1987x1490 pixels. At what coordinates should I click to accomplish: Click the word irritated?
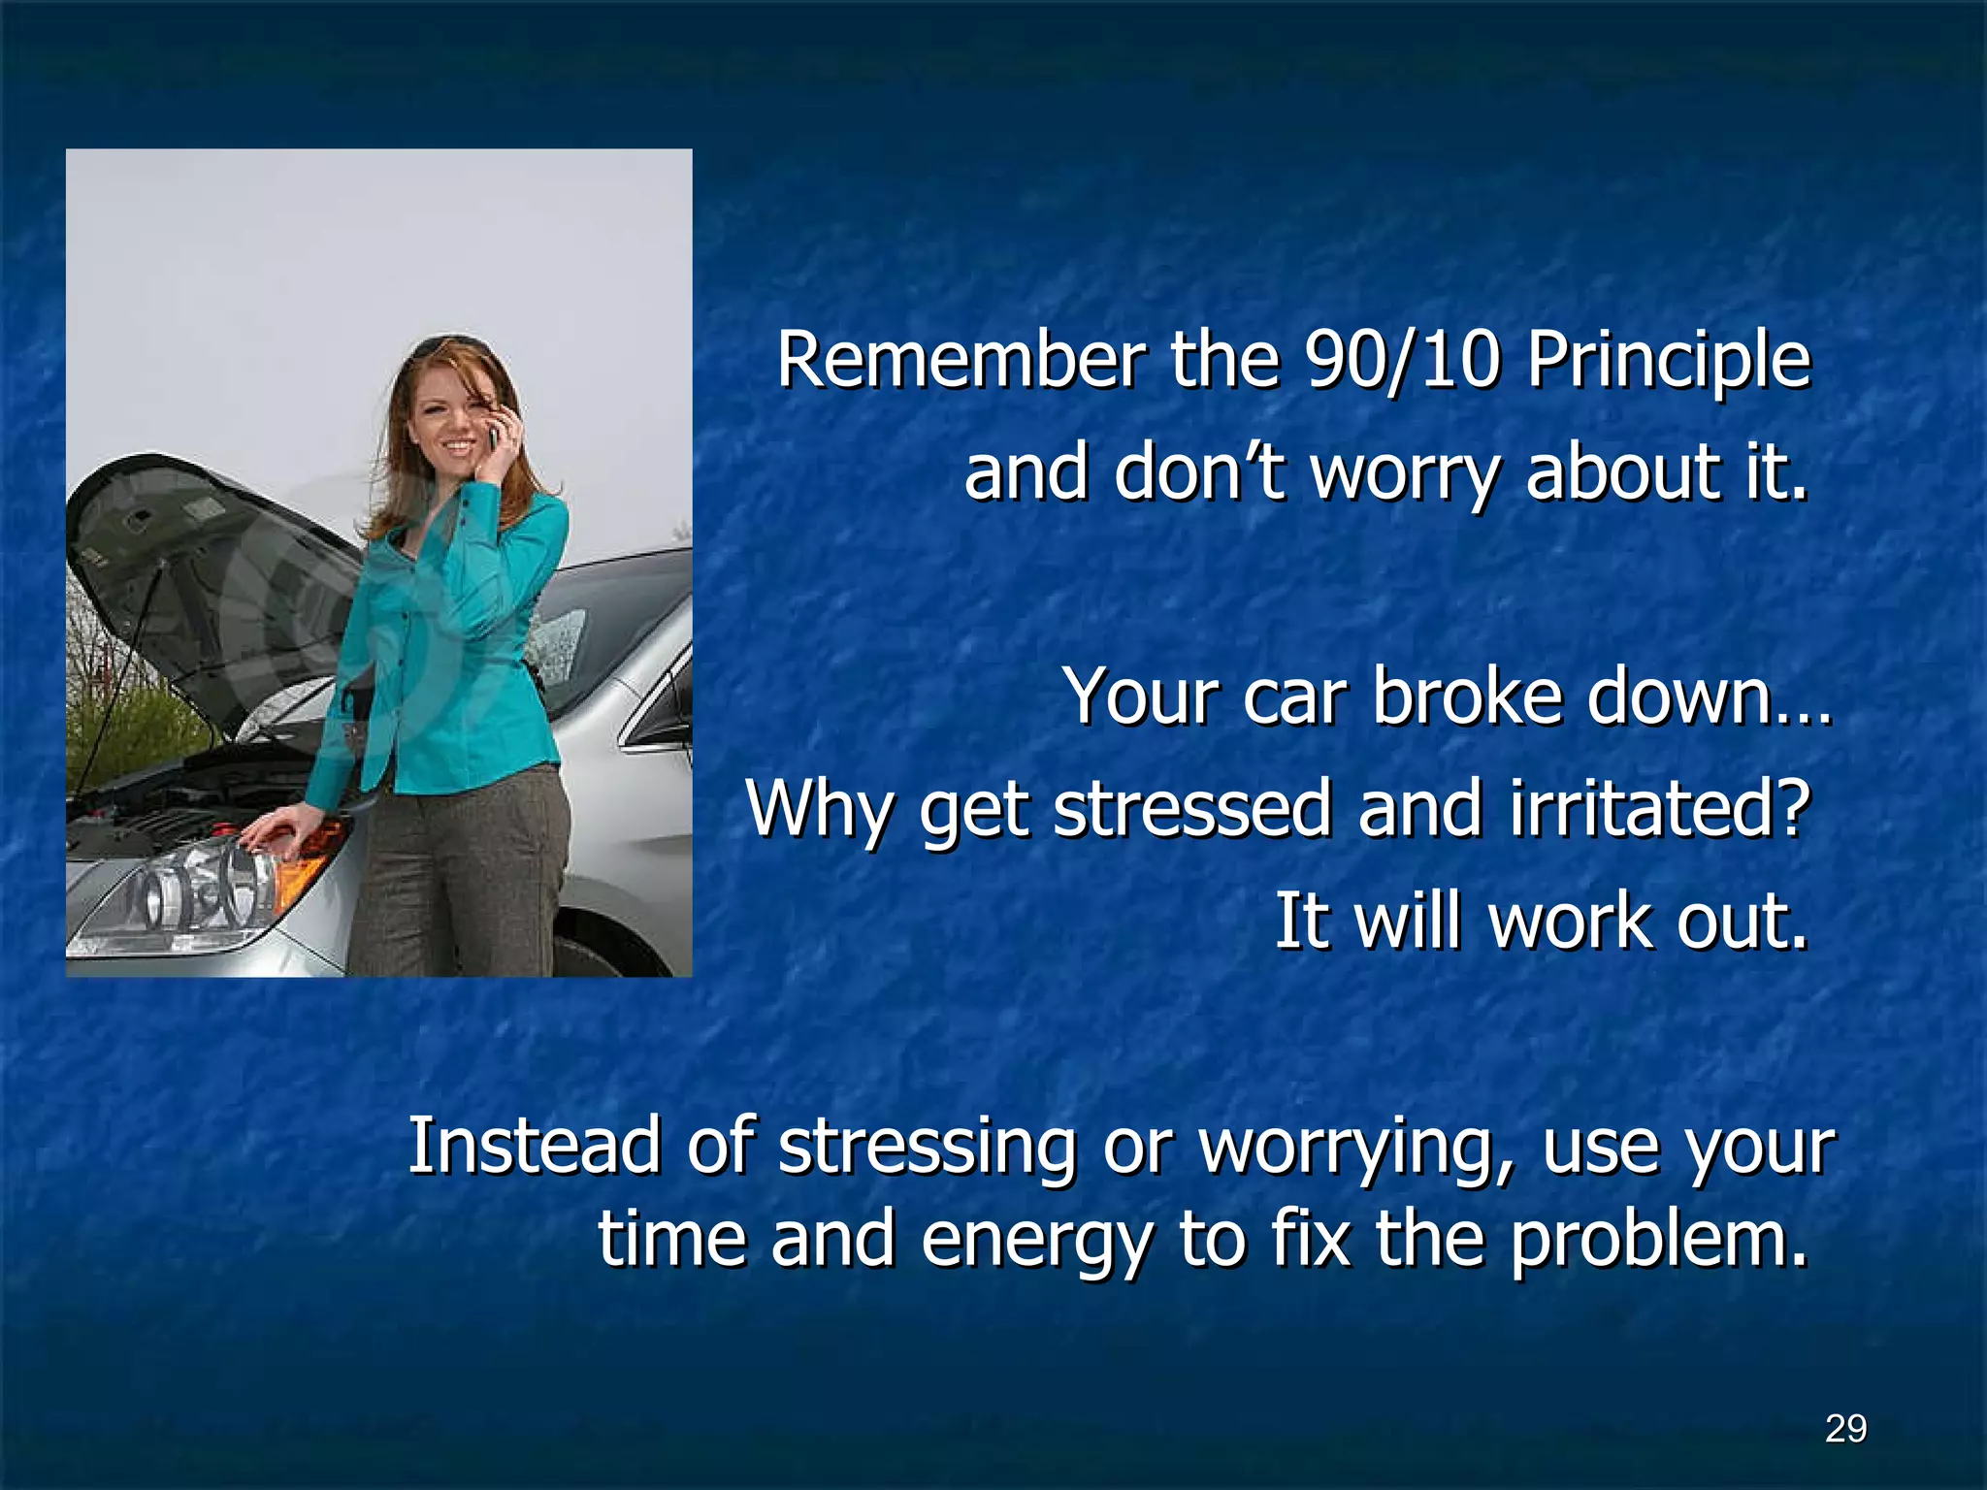1660,810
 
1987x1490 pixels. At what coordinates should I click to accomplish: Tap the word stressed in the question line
1191,810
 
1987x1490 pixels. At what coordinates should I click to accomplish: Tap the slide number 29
1845,1429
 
